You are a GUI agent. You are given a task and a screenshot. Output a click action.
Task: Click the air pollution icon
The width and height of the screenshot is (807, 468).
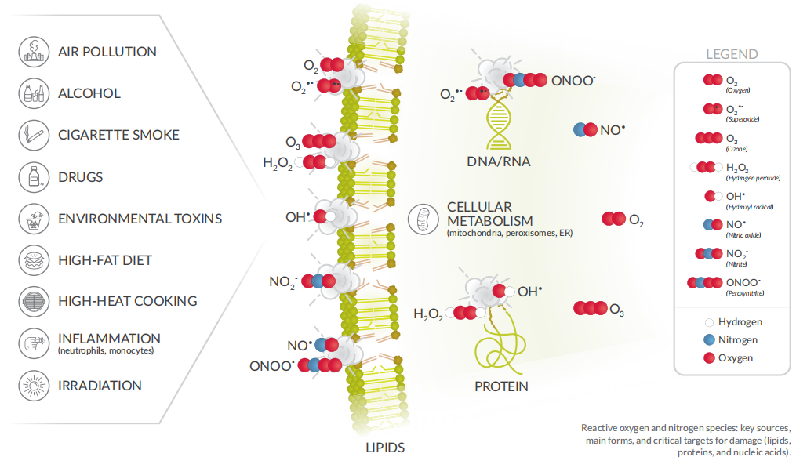[x=33, y=52]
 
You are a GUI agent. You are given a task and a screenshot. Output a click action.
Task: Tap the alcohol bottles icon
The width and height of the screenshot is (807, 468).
[x=33, y=93]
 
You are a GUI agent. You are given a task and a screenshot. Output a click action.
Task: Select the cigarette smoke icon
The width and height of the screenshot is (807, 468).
[x=33, y=135]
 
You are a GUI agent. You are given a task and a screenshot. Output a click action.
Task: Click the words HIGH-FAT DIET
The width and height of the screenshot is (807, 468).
[x=105, y=259]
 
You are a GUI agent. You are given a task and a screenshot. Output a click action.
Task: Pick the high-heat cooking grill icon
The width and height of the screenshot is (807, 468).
[x=33, y=301]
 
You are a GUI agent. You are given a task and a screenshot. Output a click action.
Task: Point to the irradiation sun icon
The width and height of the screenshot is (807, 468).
[x=33, y=386]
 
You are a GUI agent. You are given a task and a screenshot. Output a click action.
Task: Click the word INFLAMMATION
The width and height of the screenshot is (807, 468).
[x=109, y=339]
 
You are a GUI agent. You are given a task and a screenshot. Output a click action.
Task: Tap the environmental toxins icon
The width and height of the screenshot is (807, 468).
[x=33, y=218]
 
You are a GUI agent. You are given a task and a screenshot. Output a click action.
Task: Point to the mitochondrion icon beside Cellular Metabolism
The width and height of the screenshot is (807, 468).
[x=424, y=219]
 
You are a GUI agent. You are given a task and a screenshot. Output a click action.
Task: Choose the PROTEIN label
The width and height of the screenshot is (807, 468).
[x=501, y=386]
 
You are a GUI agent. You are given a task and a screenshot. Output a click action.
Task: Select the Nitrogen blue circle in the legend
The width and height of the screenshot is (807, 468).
[x=710, y=340]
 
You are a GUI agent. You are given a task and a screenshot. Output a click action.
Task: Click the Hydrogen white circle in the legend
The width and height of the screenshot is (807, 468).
[x=710, y=322]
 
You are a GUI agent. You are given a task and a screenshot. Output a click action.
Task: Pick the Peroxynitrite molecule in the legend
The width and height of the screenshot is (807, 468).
[x=703, y=282]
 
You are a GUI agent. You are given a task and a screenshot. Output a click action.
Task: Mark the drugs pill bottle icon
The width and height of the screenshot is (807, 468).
[x=33, y=176]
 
